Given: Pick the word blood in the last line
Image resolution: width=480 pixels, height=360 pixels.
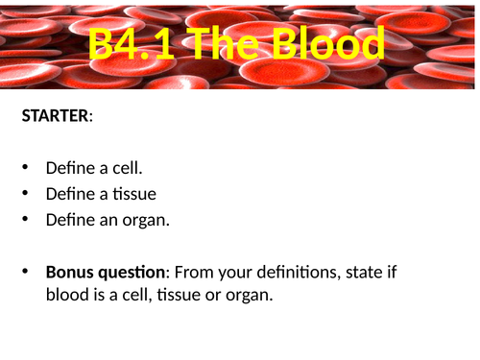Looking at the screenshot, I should pyautogui.click(x=66, y=296).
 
